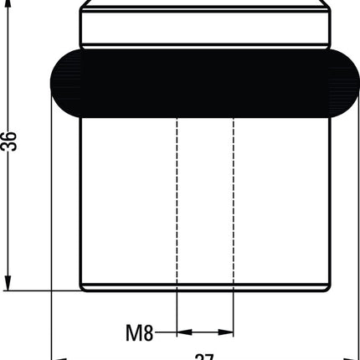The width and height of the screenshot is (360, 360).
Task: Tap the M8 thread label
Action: [139, 333]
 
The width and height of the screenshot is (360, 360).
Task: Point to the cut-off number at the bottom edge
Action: [204, 356]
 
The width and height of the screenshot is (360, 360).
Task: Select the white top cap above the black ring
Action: [204, 27]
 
